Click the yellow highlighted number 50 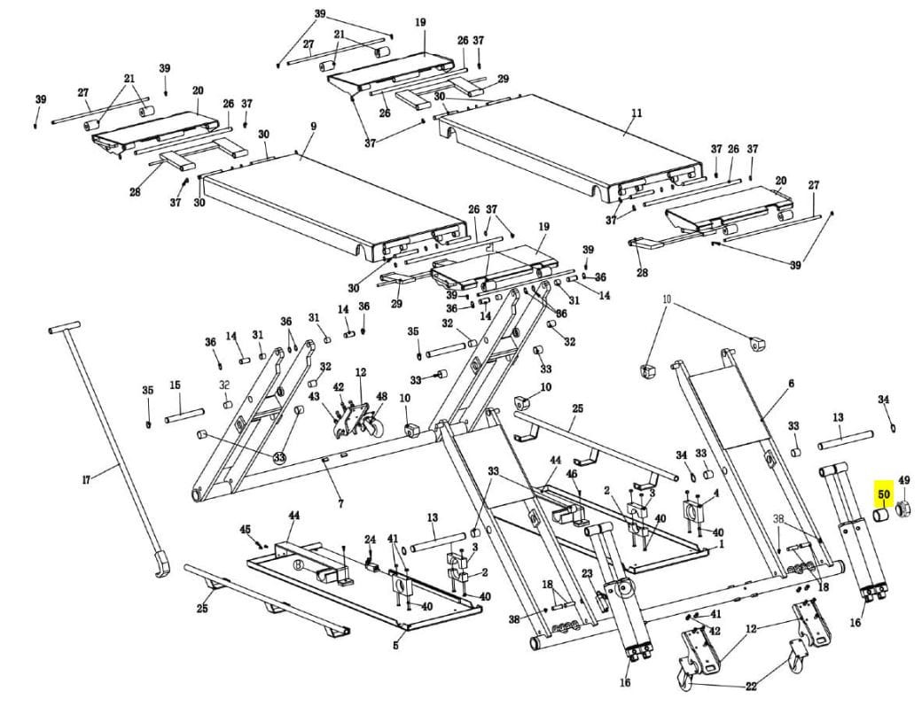(884, 494)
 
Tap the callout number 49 (903, 481)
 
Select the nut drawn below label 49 (903, 510)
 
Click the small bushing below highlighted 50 (880, 516)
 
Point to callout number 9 (314, 126)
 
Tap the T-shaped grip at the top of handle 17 (64, 328)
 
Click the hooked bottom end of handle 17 (161, 564)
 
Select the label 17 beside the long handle (87, 481)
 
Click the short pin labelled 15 (184, 416)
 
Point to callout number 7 (340, 503)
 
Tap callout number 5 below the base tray (395, 646)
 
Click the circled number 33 (279, 456)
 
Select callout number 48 (381, 397)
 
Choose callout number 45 (246, 530)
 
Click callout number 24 (370, 539)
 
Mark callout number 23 (587, 573)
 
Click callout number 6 (792, 383)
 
